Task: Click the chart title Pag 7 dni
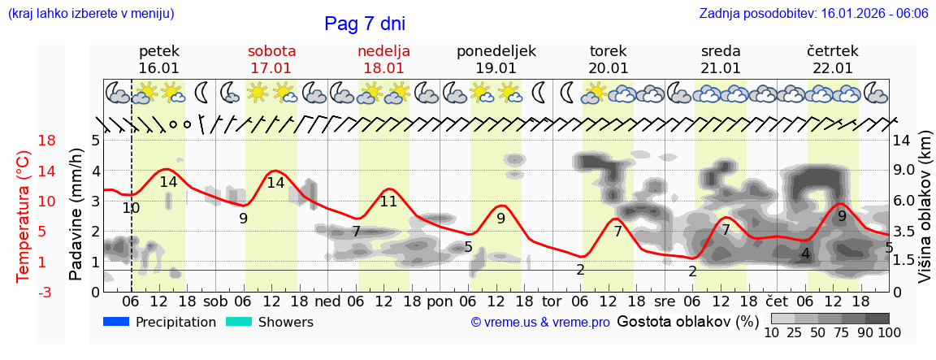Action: pyautogui.click(x=364, y=24)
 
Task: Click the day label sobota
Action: pyautogui.click(x=271, y=51)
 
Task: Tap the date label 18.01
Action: pyautogui.click(x=383, y=68)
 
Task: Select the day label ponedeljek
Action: pyautogui.click(x=496, y=51)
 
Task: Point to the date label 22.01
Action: pyautogui.click(x=833, y=68)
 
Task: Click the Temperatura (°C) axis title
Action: pyautogui.click(x=24, y=216)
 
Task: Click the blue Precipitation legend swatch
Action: pyautogui.click(x=117, y=322)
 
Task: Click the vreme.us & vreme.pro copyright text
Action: pyautogui.click(x=540, y=323)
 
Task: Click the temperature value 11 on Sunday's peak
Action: pyautogui.click(x=388, y=202)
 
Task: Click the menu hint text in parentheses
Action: pyautogui.click(x=91, y=14)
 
